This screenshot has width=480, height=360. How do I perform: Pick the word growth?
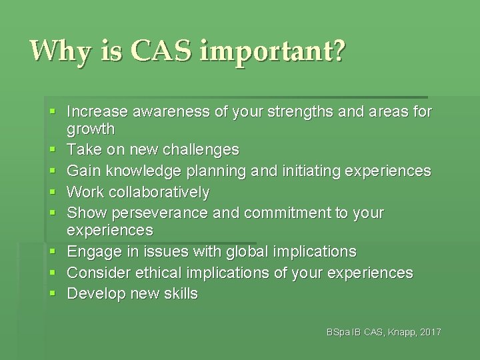click(x=91, y=129)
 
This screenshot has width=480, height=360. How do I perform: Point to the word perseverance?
click(x=161, y=213)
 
